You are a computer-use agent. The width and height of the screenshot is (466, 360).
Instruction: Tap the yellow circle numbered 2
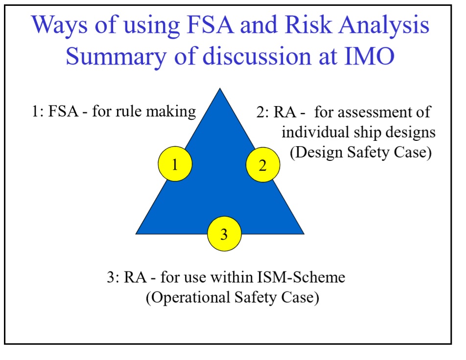coord(262,165)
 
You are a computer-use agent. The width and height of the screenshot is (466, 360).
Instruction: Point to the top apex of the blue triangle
coord(220,90)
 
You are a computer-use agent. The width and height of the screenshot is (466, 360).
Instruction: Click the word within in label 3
coord(230,277)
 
